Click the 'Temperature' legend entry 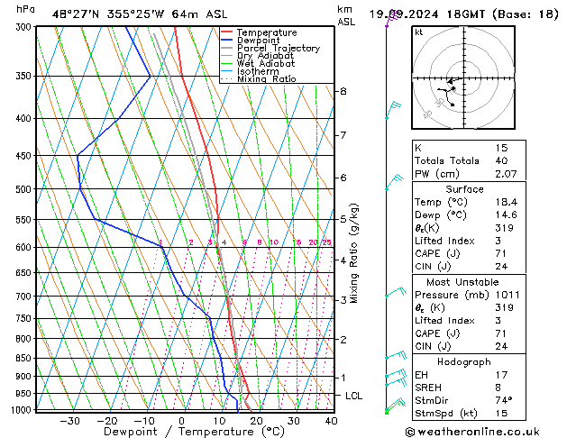click(266, 32)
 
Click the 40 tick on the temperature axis click(331, 421)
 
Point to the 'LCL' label click(354, 396)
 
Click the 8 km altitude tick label click(343, 92)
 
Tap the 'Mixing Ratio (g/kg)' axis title click(355, 253)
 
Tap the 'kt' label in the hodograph click(419, 32)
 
